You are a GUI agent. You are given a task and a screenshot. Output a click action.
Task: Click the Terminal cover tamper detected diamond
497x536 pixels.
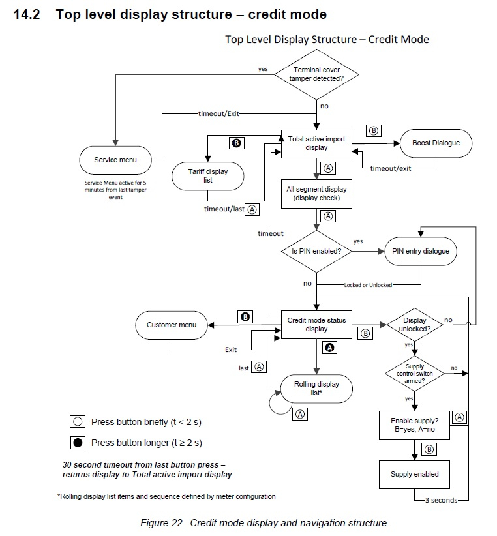point(316,74)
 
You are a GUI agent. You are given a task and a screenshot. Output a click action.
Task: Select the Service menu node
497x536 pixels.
point(115,160)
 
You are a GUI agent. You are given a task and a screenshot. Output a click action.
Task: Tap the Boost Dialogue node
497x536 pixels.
point(436,143)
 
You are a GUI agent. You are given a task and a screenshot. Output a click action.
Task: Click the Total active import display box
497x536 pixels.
point(316,143)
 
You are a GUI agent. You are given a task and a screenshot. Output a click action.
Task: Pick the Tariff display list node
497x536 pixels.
point(208,176)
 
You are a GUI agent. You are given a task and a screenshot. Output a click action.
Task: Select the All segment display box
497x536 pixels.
point(316,194)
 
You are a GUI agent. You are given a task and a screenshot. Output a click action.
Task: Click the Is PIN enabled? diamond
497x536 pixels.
point(316,251)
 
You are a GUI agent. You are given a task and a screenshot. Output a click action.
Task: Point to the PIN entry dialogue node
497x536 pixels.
point(421,251)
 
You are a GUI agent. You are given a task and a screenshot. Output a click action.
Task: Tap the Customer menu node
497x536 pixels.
point(172,325)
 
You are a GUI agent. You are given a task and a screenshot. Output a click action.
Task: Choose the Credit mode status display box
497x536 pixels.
point(316,325)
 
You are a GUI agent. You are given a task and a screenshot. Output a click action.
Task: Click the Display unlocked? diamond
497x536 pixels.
point(415,325)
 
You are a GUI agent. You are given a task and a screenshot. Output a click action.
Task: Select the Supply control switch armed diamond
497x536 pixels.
point(415,373)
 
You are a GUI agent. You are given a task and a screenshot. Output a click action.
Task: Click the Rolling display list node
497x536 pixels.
point(316,389)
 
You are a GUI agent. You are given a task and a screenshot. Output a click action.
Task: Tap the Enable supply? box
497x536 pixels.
point(414,425)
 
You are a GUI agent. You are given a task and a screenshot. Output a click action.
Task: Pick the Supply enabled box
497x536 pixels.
point(414,475)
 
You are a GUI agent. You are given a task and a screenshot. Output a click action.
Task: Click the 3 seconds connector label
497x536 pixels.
point(441,500)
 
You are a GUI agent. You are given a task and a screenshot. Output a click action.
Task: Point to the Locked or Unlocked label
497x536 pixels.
point(368,285)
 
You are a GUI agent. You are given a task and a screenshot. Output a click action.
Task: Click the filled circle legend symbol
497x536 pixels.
point(78,443)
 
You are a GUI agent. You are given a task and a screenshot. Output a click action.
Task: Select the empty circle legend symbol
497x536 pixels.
point(78,422)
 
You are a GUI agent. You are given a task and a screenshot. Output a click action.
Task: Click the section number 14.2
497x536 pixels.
point(27,14)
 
